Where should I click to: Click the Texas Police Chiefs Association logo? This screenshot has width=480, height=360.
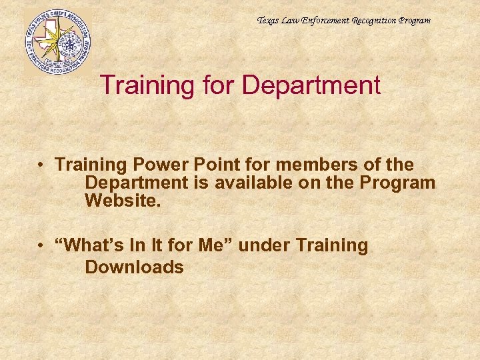coord(57,41)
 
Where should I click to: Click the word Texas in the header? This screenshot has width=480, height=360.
coord(269,21)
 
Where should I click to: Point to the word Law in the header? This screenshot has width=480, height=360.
coord(291,21)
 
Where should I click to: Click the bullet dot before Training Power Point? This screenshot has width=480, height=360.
coord(41,165)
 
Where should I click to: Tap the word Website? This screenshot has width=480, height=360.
coord(123,200)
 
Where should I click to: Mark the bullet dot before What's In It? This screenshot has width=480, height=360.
coord(41,246)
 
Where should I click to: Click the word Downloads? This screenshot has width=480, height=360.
coord(134,267)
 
